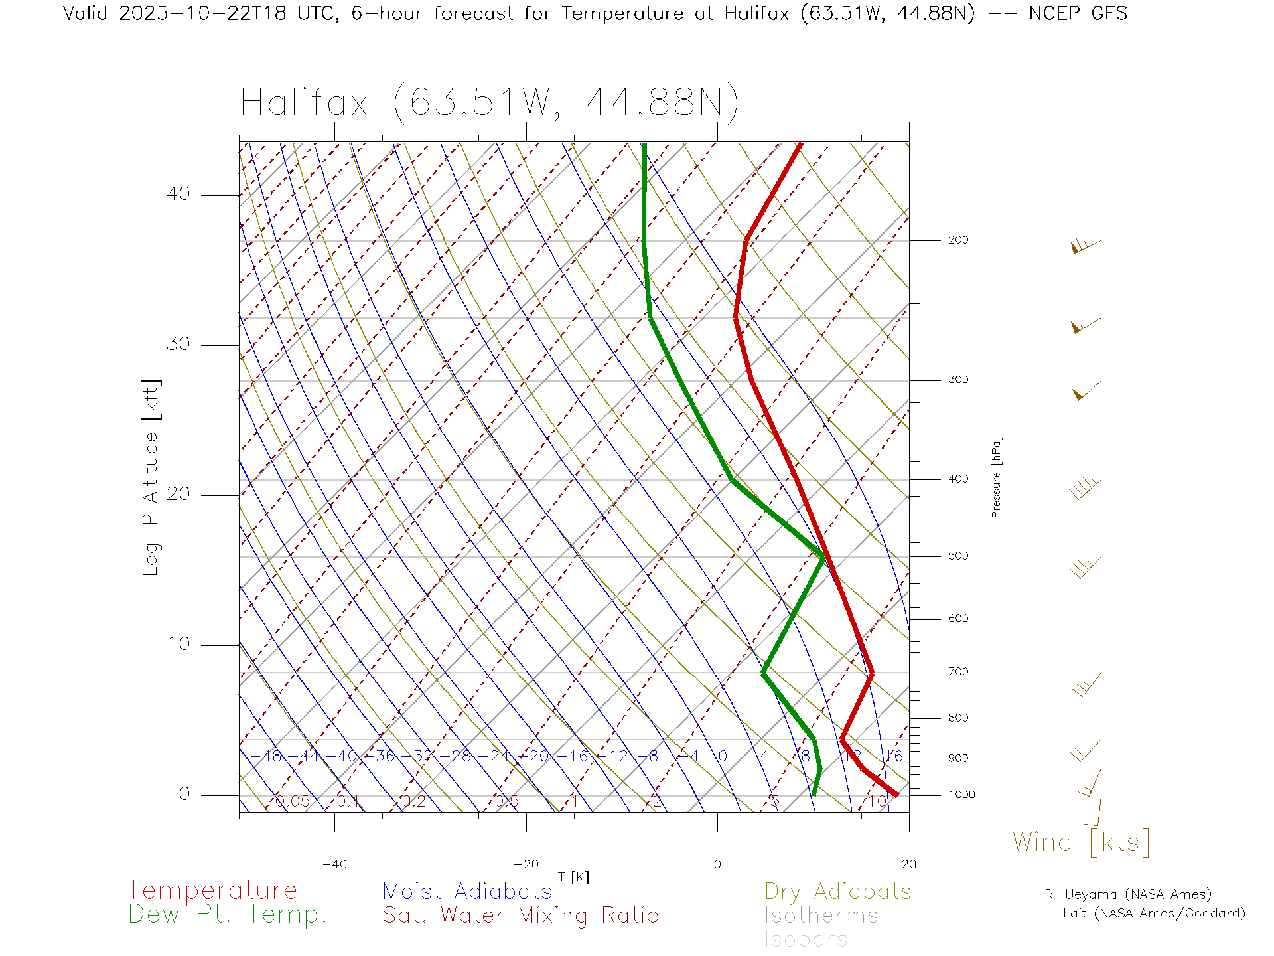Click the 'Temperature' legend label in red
point(212,890)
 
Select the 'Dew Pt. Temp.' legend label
point(228,915)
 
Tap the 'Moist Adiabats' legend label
point(467,891)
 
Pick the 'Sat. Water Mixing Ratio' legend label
point(520,915)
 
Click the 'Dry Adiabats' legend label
point(837,891)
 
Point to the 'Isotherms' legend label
point(821,916)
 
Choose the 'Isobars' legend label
point(806,939)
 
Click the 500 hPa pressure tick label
point(957,556)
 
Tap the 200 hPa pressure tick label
point(957,240)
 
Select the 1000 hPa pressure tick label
point(961,795)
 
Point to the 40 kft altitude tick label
point(178,194)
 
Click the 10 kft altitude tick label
point(178,644)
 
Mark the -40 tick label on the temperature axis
point(334,864)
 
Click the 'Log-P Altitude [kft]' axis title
point(151,478)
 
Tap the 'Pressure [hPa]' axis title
point(996,477)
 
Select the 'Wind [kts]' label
point(1082,842)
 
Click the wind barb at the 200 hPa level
point(1086,246)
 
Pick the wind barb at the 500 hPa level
point(1086,568)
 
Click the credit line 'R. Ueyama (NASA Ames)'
point(1127,894)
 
